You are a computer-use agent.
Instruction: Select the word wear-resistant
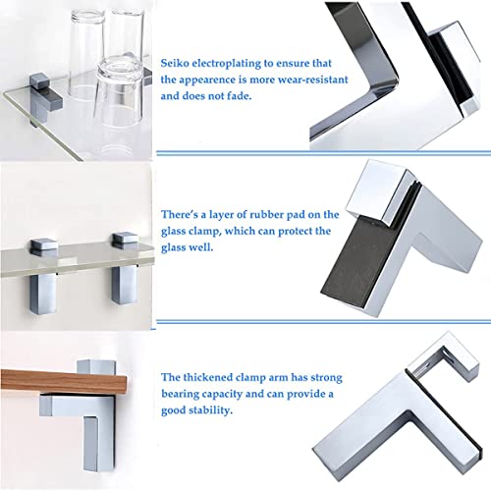pyautogui.click(x=312, y=80)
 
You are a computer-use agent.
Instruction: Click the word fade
pyautogui.click(x=240, y=96)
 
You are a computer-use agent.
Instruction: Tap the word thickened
pyautogui.click(x=207, y=377)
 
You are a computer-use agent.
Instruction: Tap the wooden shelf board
pyautogui.click(x=64, y=381)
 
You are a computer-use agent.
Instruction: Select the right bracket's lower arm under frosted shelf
pyautogui.click(x=124, y=284)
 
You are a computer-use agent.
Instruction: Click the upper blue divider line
pyautogui.click(x=324, y=152)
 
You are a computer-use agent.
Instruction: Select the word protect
pyautogui.click(x=297, y=232)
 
